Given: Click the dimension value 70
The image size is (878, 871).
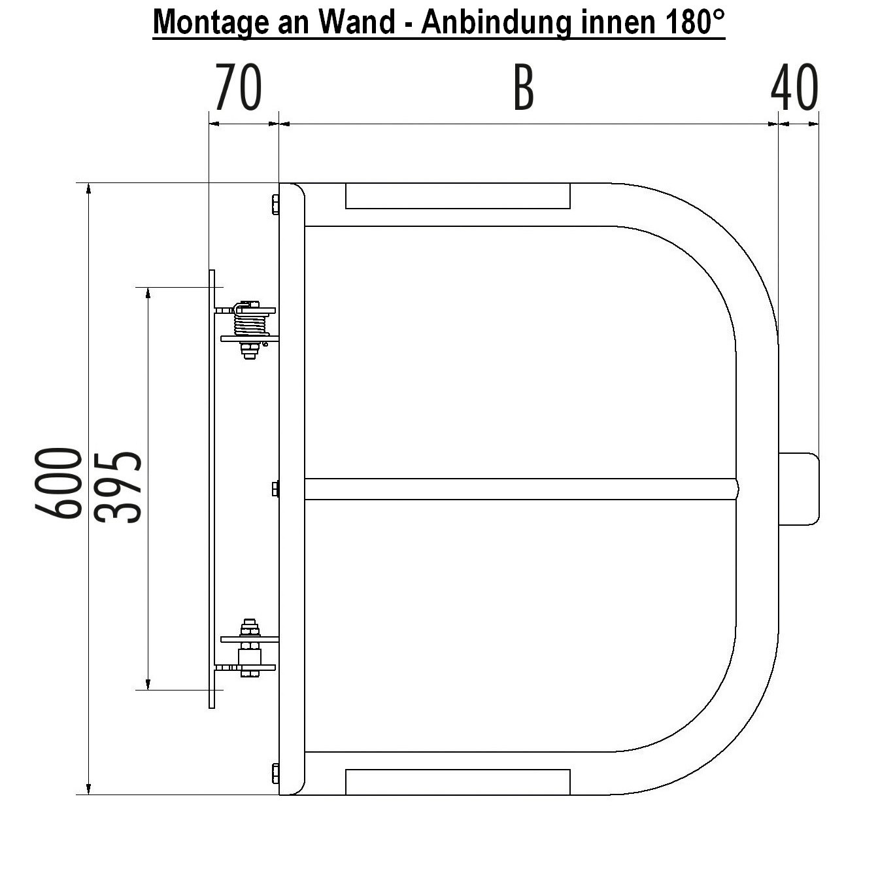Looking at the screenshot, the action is tap(238, 87).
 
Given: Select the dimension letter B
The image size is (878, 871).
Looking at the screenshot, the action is tap(524, 87).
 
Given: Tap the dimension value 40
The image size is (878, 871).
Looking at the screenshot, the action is tap(794, 87).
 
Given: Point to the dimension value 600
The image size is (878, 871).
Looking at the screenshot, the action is tap(59, 483).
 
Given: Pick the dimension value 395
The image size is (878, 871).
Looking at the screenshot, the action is tap(119, 487).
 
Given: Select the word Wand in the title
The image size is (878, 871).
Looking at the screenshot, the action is tap(357, 22).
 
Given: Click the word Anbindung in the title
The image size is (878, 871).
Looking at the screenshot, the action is tap(496, 22).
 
